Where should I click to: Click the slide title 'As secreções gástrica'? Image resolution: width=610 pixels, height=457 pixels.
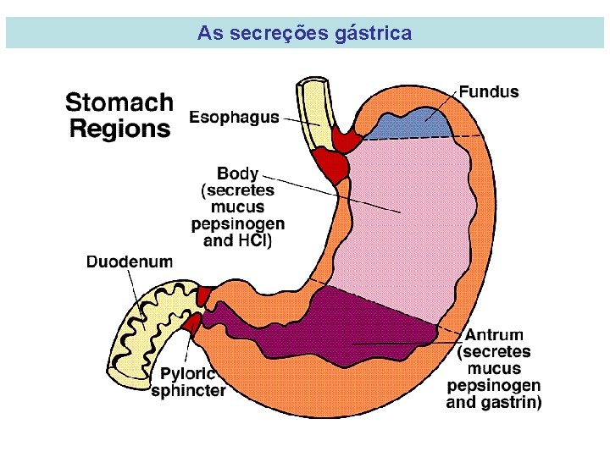(304, 34)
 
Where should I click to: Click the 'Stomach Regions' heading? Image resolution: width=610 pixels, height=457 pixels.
(119, 116)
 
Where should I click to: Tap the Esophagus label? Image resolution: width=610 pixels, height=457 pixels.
(234, 118)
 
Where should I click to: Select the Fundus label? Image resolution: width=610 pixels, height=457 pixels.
(489, 91)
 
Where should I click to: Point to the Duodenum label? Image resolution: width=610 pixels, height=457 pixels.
(129, 262)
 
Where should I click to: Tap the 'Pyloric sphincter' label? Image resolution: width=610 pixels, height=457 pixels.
(188, 382)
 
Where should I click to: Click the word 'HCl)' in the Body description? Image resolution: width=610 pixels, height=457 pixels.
(253, 240)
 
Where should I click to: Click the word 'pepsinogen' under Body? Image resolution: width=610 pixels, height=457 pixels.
(238, 224)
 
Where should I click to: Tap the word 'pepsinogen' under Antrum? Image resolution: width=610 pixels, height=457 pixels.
(494, 386)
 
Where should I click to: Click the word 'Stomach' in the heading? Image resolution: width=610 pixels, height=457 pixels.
(119, 103)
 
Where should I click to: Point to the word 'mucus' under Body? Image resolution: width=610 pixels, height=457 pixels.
(238, 207)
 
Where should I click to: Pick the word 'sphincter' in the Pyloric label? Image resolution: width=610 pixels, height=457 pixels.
(188, 391)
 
